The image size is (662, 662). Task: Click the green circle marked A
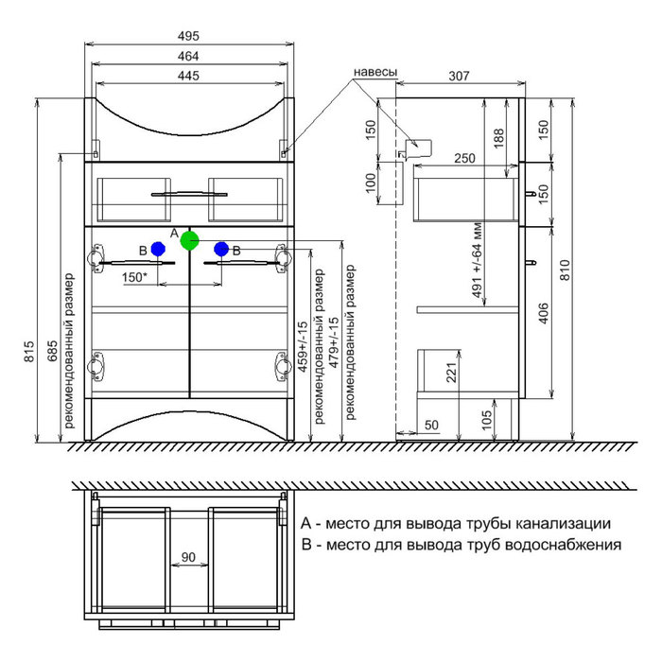pyautogui.click(x=190, y=240)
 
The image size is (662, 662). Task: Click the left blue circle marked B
pyautogui.click(x=159, y=249)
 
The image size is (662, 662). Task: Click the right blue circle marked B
pyautogui.click(x=221, y=249)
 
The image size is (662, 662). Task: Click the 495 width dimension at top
pyautogui.click(x=189, y=36)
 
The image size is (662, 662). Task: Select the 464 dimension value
pyautogui.click(x=189, y=57)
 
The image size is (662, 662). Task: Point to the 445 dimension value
pyautogui.click(x=189, y=77)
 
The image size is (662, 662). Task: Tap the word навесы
pyautogui.click(x=375, y=72)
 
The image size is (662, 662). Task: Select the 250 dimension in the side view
pyautogui.click(x=462, y=158)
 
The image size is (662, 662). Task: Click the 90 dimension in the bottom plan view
pyautogui.click(x=188, y=557)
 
